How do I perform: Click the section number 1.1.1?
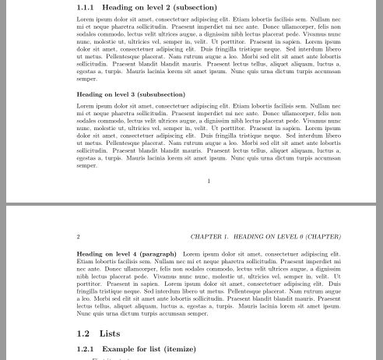click(x=86, y=8)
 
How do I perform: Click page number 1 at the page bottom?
click(x=209, y=181)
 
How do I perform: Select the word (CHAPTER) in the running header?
click(x=323, y=236)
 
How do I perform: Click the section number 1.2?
click(x=83, y=333)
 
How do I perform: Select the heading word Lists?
click(x=110, y=333)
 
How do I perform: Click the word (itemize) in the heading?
click(x=179, y=349)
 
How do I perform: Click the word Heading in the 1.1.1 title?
click(x=118, y=8)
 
